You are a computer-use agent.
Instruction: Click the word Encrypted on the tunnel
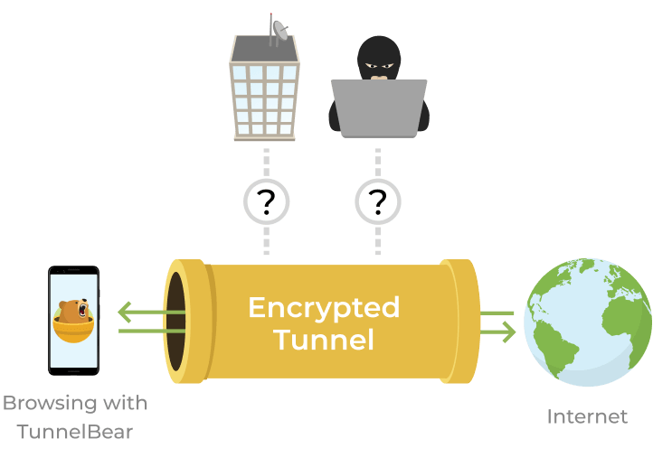pyautogui.click(x=324, y=308)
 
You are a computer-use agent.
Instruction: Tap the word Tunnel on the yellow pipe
pyautogui.click(x=324, y=340)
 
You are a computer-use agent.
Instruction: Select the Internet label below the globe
pyautogui.click(x=587, y=416)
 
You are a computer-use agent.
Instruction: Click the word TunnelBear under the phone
pyautogui.click(x=75, y=432)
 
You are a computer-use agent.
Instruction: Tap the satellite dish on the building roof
pyautogui.click(x=281, y=30)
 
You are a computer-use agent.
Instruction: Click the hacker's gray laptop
pyautogui.click(x=378, y=107)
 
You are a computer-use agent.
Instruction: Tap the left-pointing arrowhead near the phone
pyautogui.click(x=125, y=314)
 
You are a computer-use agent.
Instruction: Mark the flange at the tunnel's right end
pyautogui.click(x=461, y=321)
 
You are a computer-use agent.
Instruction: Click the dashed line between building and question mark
pyautogui.click(x=266, y=162)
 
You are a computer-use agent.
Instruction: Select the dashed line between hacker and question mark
pyautogui.click(x=378, y=162)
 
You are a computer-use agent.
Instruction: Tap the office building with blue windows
pyautogui.click(x=264, y=90)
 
